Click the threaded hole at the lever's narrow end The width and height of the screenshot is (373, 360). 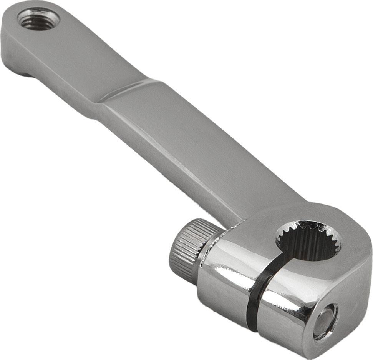click(x=38, y=18)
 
